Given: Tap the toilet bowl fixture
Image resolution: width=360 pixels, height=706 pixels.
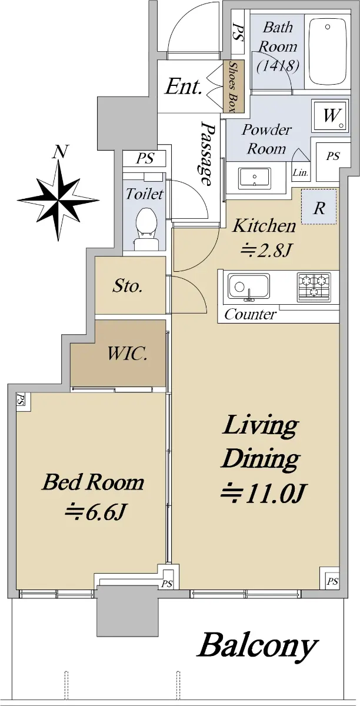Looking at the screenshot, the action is (x=146, y=228).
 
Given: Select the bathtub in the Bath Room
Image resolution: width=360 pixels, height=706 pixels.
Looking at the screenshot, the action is (x=328, y=52).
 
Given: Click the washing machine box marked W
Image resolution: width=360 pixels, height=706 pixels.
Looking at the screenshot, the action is (x=330, y=116).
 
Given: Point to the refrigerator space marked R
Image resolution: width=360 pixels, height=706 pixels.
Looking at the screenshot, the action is (x=319, y=207).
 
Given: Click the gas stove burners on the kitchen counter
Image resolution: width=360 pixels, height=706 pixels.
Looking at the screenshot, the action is (x=314, y=287).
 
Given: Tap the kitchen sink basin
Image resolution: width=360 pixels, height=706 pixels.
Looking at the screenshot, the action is (x=249, y=287).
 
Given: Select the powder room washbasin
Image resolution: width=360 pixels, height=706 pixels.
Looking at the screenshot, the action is (x=255, y=178).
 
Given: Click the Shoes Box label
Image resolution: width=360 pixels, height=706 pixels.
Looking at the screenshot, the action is (x=234, y=86).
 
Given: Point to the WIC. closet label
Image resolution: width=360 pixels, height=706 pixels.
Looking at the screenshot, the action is (x=128, y=354).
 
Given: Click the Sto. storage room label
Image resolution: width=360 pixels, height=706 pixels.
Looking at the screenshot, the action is (x=128, y=286).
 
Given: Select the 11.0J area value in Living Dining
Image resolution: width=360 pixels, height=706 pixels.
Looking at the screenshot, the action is (x=262, y=493).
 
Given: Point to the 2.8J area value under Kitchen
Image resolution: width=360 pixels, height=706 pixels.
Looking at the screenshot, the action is (x=264, y=251).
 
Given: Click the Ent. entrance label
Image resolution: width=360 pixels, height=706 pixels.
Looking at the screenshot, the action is (x=183, y=86).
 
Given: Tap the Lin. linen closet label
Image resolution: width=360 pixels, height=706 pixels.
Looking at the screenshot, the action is (x=300, y=173).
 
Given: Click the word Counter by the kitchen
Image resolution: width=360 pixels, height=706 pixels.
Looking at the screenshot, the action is (x=251, y=315).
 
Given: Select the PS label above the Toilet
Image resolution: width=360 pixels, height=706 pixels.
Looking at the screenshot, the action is (x=145, y=158).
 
